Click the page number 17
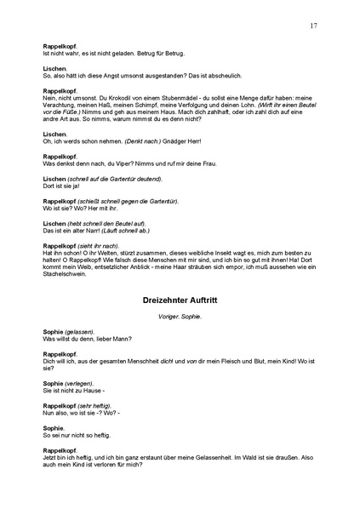click(x=314, y=26)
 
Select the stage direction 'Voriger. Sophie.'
click(x=180, y=317)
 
